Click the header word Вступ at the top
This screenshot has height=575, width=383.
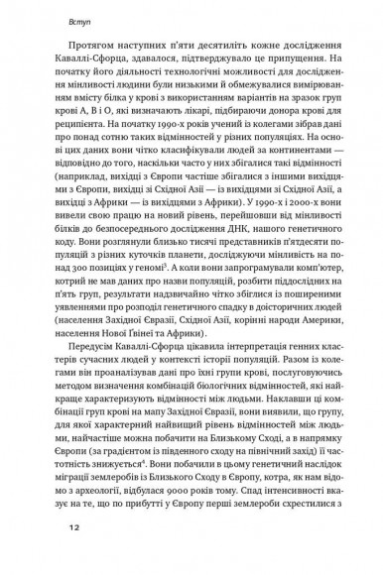tap(53, 19)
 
